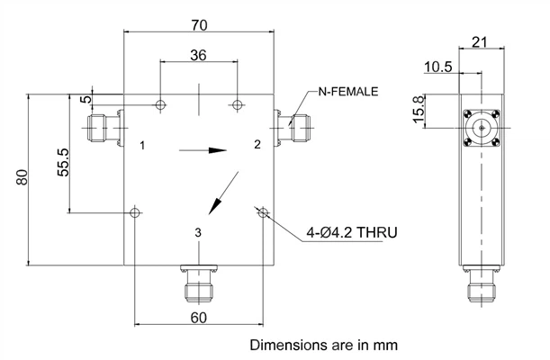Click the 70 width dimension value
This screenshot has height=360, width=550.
(199, 25)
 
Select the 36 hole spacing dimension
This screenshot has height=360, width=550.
(198, 55)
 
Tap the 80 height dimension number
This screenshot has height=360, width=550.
(23, 177)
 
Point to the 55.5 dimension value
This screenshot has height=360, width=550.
(64, 162)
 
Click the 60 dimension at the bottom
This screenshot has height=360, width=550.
(199, 318)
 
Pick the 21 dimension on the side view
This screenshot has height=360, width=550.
(480, 42)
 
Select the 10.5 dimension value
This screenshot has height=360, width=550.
(438, 67)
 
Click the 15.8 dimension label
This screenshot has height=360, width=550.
(419, 110)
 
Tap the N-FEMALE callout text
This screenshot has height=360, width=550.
(348, 92)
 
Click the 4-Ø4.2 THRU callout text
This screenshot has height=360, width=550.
(352, 232)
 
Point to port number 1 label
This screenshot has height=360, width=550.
(142, 145)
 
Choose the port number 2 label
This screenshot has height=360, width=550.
(257, 144)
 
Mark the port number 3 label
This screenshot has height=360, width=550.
(198, 232)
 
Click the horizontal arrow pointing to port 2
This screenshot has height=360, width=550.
(203, 150)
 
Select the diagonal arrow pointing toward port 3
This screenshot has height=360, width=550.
(224, 193)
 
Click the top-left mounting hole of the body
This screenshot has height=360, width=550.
(160, 104)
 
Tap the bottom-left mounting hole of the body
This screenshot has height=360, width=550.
(135, 212)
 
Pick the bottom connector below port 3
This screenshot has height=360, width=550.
(199, 283)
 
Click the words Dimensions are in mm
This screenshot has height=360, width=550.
(324, 345)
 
